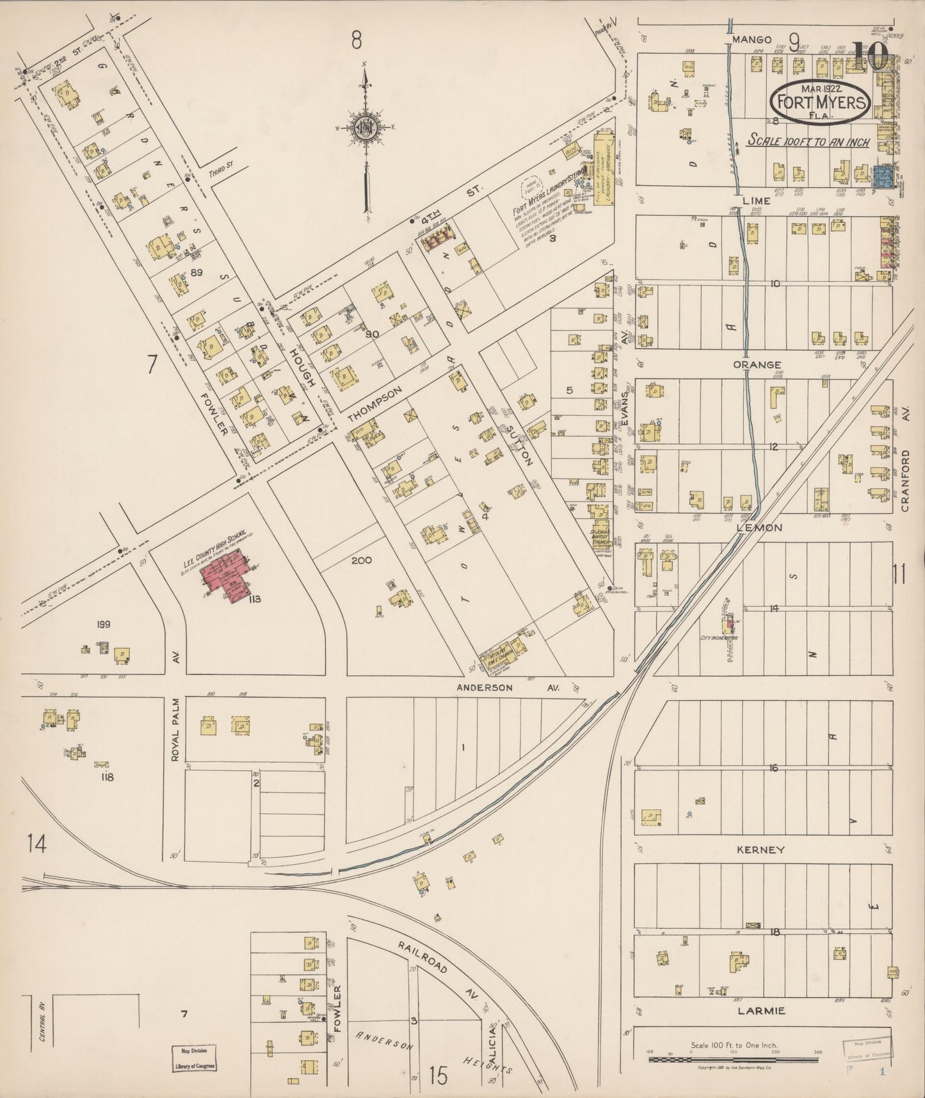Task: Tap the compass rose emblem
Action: click(366, 127)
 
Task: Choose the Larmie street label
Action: click(760, 1012)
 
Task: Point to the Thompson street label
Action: click(374, 404)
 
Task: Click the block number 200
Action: click(362, 560)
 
